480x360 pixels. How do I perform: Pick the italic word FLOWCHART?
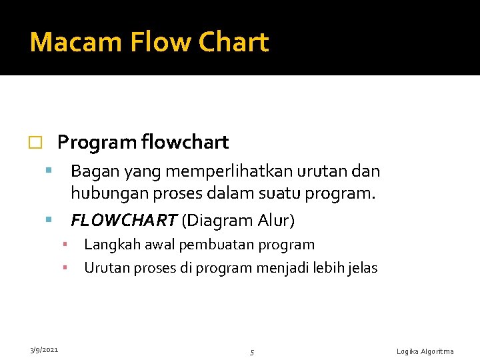click(123, 220)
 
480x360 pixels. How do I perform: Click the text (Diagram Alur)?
click(238, 220)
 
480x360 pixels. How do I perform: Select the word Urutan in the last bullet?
click(105, 268)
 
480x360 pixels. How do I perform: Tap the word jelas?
click(361, 268)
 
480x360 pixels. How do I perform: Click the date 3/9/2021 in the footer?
click(43, 349)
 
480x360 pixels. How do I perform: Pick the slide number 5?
click(252, 352)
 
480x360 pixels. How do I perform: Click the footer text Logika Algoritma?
click(425, 351)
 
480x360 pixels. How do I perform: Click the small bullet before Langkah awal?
click(65, 245)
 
